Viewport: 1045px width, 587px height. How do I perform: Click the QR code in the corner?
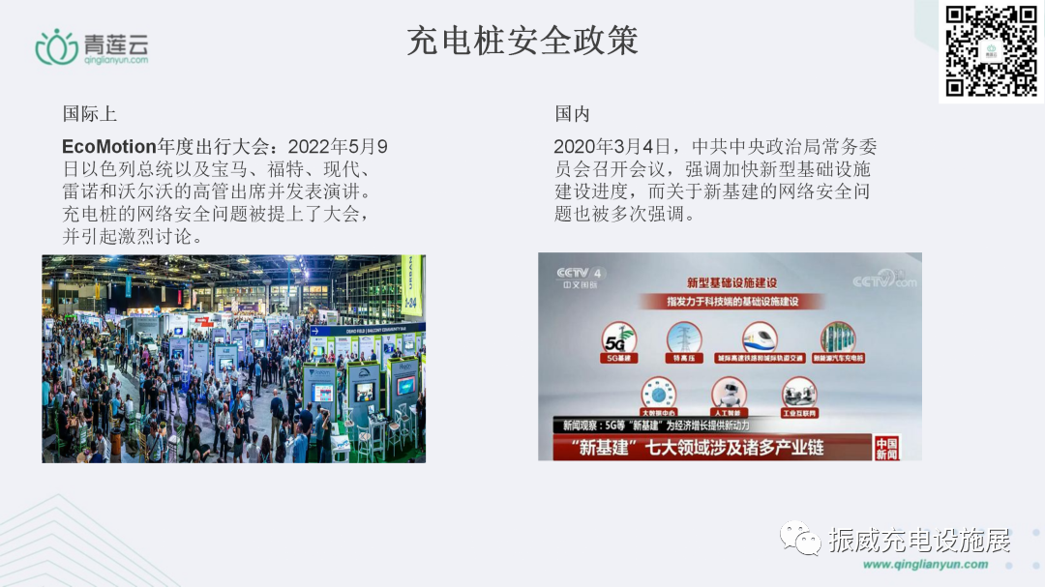pos(991,51)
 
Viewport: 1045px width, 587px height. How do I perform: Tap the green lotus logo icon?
pos(56,44)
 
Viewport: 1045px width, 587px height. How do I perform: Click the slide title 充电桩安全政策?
pos(522,42)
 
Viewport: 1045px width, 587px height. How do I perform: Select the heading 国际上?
pos(90,114)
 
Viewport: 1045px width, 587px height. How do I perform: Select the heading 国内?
pos(572,114)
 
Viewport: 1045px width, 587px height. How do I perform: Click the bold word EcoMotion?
pos(108,147)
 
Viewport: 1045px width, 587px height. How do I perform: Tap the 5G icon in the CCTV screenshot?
pos(619,339)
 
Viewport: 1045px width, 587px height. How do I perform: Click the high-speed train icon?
pos(760,338)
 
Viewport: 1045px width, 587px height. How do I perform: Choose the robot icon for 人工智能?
pos(730,394)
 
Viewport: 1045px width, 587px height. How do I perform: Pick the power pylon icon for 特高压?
pos(685,338)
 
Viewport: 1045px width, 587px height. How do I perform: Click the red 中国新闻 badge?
pos(886,449)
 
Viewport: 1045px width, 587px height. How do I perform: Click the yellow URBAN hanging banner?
pos(411,286)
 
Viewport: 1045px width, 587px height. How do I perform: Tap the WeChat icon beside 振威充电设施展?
pos(801,538)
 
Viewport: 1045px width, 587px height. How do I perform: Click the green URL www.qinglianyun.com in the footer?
pos(925,565)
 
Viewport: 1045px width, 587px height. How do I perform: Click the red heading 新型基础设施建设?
pos(731,282)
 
